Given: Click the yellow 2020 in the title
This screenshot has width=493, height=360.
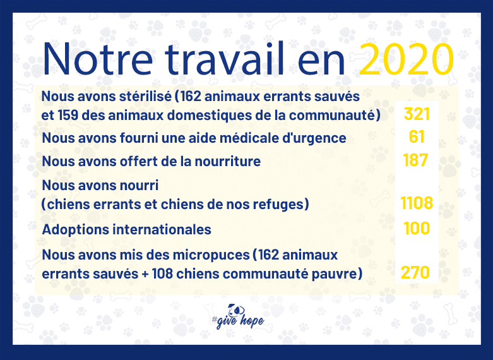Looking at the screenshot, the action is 407,59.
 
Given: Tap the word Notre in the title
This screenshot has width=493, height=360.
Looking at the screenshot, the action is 97,59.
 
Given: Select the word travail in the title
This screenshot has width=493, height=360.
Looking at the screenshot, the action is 225,59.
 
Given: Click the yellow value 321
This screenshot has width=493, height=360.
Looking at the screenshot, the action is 417,114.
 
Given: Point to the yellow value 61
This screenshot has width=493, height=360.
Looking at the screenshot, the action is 417,137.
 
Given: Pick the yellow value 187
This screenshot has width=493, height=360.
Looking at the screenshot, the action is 415,160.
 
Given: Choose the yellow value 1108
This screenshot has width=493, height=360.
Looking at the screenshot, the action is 417,203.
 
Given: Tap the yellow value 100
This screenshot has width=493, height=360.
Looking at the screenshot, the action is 417,228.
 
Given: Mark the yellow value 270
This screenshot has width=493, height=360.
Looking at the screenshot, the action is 415,272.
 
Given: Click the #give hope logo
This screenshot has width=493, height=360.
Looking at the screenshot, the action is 238,316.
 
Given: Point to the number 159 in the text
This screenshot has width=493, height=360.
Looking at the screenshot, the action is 68,116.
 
